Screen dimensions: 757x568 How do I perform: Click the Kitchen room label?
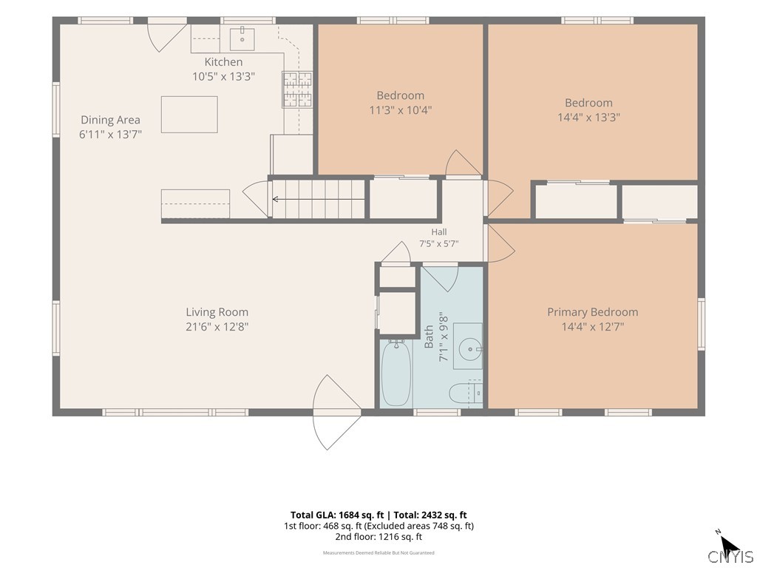coord(223,62)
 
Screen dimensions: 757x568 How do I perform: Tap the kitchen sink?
coord(242,38)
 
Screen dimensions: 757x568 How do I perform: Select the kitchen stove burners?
coord(297,89)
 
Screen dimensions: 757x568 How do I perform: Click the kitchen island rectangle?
coord(189,115)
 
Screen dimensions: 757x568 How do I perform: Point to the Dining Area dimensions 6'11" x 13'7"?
coord(111,135)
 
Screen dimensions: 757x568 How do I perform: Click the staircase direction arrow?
coord(319,199)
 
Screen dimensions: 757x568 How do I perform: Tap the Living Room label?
coord(217,312)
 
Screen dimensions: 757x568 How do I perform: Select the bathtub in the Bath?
coord(396,373)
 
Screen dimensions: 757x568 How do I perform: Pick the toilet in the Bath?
coord(466,393)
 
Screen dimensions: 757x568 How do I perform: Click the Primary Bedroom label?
coord(593,312)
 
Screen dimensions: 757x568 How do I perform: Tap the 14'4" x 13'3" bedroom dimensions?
coord(589,118)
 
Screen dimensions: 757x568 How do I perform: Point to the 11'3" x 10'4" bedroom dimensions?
coord(401,110)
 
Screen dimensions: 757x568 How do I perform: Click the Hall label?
coord(439,232)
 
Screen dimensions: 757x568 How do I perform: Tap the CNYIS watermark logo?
coord(730,556)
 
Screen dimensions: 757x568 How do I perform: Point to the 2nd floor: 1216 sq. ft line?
coord(378,537)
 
